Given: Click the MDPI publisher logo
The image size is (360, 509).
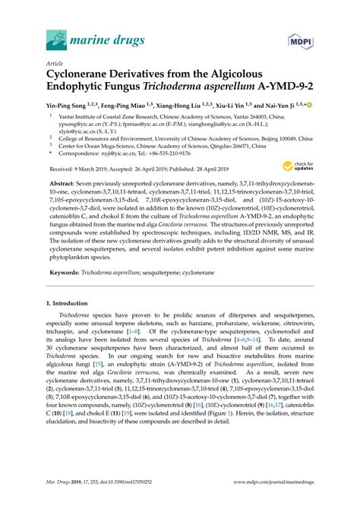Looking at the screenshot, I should pyautogui.click(x=297, y=38).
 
